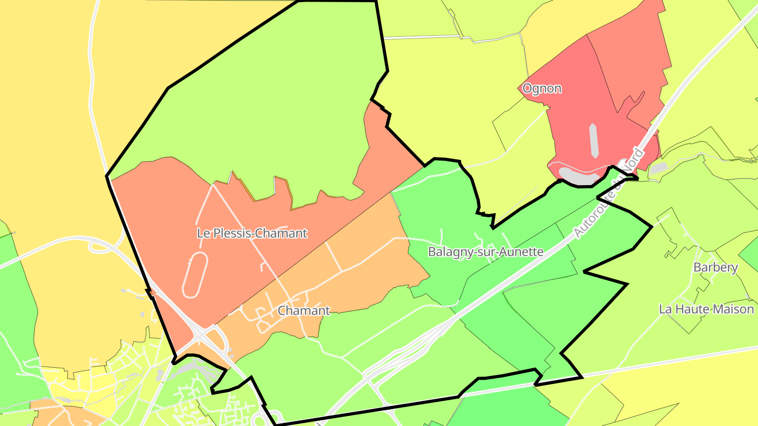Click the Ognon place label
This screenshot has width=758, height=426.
pos(542,88)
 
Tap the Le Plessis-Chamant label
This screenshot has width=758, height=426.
pos(252,233)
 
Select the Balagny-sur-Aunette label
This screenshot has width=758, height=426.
pos(485,251)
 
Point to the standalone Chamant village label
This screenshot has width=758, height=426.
pos(304,311)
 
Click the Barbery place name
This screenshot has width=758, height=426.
pos(715,267)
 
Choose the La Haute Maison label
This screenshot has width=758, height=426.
pos(706,309)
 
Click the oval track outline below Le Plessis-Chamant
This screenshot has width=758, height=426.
pos(194,273)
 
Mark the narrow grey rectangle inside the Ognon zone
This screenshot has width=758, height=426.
pos(594,140)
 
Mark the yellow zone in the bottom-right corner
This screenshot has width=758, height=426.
pos(695,389)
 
